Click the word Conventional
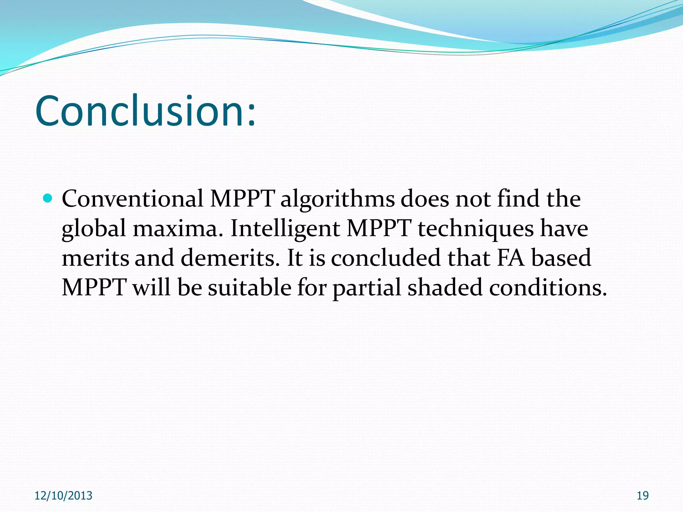133,199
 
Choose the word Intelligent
285,229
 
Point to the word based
561,258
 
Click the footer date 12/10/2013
63,496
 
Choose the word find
518,199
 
